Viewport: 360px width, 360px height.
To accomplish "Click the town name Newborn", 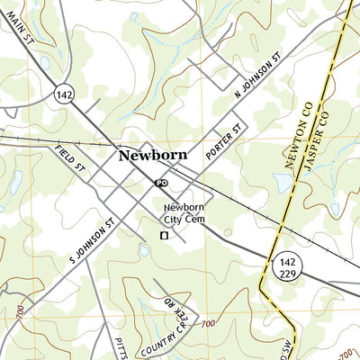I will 152,155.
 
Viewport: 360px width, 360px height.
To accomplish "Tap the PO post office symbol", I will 162,182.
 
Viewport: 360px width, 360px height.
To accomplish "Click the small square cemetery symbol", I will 164,236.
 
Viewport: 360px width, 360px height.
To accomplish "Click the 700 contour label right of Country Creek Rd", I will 208,324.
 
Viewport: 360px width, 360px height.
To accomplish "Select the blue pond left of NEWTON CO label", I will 281,184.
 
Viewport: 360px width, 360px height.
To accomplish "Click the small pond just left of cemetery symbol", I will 143,249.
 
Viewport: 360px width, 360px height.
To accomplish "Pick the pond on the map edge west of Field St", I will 15,183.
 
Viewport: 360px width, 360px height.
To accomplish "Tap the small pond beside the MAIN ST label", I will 45,63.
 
